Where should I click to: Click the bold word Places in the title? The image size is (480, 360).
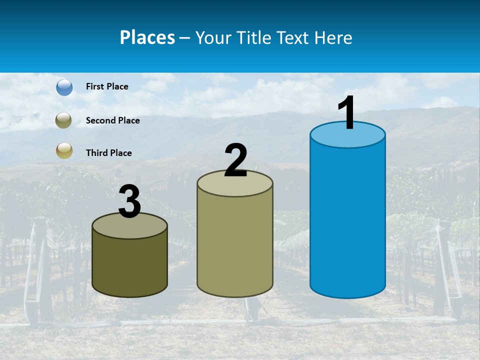coord(147,37)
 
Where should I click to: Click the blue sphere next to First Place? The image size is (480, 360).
coord(64,87)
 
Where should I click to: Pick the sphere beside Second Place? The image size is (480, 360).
coord(64,120)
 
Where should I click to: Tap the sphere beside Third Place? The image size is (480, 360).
coord(64,150)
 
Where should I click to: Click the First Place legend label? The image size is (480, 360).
coord(107,86)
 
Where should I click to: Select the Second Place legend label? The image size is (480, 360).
coord(112,120)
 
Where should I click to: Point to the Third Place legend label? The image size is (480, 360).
coord(108,153)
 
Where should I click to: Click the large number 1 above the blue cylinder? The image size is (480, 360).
coord(346,112)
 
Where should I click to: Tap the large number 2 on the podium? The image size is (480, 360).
coord(235,160)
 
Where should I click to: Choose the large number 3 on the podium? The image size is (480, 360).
coord(129,201)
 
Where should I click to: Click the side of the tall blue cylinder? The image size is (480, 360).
coord(347,220)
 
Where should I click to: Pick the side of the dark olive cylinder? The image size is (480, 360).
coord(129,265)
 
